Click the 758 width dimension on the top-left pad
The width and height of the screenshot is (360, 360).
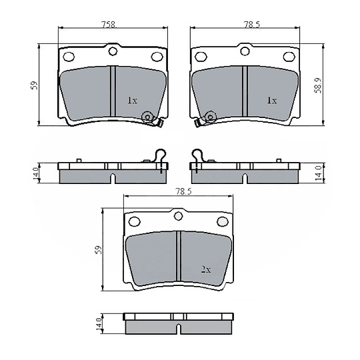(x=109, y=24)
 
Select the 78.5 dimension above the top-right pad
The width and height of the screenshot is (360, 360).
(x=251, y=24)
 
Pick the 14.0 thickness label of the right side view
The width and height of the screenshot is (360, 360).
(x=319, y=172)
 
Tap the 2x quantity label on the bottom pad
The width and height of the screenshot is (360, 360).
(x=206, y=270)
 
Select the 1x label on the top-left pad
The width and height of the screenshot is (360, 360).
(x=132, y=101)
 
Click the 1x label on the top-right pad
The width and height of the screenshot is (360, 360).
(x=271, y=101)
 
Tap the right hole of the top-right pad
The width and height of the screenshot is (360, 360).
(x=289, y=57)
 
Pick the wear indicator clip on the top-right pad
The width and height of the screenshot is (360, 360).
(x=205, y=119)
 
